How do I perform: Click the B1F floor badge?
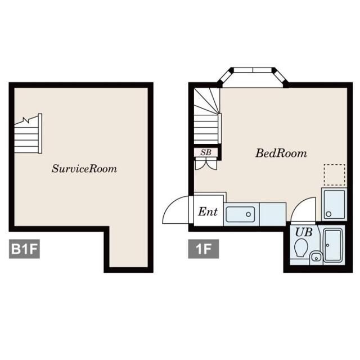coord(24,249)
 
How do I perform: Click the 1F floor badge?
coord(204,249)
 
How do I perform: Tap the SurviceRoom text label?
coord(84,169)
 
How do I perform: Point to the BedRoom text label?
coord(281,154)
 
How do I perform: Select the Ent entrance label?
coord(208,211)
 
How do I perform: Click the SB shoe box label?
coord(206,152)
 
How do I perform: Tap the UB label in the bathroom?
coord(304,232)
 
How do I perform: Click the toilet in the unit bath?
coord(301,247)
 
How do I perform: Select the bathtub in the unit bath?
coord(333,245)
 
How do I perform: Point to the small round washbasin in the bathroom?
coord(316,258)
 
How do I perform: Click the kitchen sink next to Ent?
coord(240,214)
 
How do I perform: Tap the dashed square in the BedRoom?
coord(335,175)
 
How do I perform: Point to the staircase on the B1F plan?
coord(28,134)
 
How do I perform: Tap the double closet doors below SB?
coord(206,164)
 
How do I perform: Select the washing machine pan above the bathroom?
coord(334,204)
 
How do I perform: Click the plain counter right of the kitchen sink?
coord(273,214)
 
